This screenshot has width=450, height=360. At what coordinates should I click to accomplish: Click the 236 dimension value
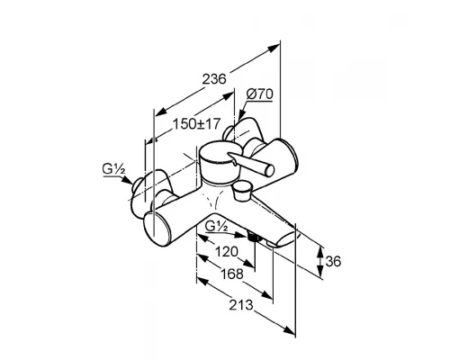pyautogui.click(x=214, y=79)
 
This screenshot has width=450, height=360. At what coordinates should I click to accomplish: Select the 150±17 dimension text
pyautogui.click(x=196, y=124)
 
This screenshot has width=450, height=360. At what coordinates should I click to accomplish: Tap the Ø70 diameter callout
pyautogui.click(x=260, y=94)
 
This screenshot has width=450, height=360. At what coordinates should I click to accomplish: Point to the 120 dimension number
pyautogui.click(x=227, y=252)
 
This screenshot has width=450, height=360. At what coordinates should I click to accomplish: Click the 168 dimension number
pyautogui.click(x=231, y=274)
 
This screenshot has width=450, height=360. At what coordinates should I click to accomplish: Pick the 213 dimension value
pyautogui.click(x=241, y=305)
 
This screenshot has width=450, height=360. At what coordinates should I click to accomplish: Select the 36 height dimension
pyautogui.click(x=333, y=262)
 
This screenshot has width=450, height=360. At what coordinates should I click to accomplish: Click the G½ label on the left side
pyautogui.click(x=114, y=169)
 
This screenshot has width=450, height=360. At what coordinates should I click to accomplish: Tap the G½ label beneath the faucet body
pyautogui.click(x=217, y=227)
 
